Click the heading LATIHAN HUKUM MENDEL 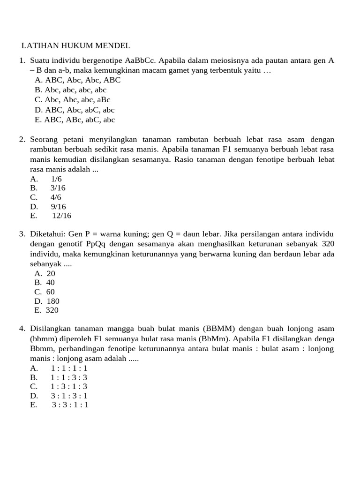pyautogui.click(x=75, y=45)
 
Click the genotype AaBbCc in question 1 pyautogui.click(x=140, y=60)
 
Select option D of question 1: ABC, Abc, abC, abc pyautogui.click(x=75, y=110)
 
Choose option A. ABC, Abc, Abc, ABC pyautogui.click(x=77, y=80)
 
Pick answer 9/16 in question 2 pyautogui.click(x=58, y=207)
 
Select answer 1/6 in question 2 pyautogui.click(x=56, y=179)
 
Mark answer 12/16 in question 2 pyautogui.click(x=61, y=216)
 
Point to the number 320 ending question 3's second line pyautogui.click(x=328, y=244)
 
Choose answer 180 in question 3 pyautogui.click(x=53, y=301)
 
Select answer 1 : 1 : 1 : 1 pyautogui.click(x=69, y=368)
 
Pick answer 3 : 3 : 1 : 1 pyautogui.click(x=70, y=405)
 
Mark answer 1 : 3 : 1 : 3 pyautogui.click(x=69, y=387)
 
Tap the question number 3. pyautogui.click(x=22, y=234)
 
